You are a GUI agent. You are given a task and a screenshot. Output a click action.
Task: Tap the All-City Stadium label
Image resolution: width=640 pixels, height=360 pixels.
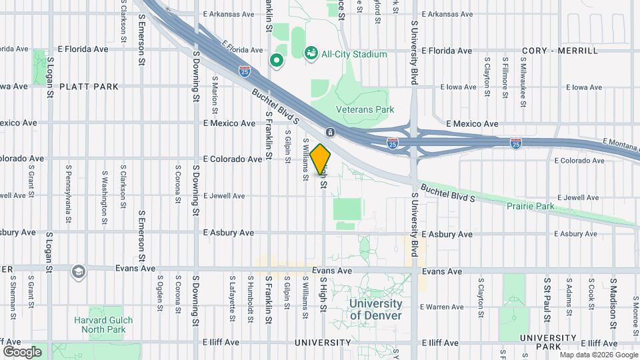coord(354,53)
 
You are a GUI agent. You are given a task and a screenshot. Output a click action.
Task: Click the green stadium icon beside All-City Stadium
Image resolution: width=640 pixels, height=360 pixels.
coord(311,53)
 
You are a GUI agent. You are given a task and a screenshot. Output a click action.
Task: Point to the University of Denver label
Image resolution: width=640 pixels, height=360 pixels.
coord(376,309)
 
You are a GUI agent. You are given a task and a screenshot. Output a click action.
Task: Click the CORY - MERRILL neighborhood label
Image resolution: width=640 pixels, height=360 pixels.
coord(560,51)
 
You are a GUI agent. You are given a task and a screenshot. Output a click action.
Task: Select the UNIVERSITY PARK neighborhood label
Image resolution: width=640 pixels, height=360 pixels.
coord(548,342)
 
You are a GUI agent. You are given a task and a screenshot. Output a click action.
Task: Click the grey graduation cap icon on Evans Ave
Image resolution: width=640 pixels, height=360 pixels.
coord(79,271)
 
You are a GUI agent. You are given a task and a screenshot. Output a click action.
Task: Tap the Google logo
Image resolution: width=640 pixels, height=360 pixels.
coord(22,351)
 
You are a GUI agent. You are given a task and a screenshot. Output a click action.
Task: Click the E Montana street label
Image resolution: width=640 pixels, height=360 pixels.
coord(620,141)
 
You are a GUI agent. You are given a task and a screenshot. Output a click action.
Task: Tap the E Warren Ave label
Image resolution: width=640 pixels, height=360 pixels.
coord(445,307)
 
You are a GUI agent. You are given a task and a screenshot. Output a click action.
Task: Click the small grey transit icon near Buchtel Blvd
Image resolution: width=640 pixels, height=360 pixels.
coord(330,132)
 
